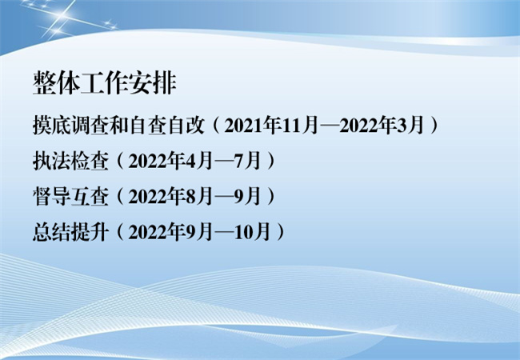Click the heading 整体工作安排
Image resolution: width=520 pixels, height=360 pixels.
105,83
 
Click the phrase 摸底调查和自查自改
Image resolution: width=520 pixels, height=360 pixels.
118,126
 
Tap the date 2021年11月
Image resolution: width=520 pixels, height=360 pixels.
271,126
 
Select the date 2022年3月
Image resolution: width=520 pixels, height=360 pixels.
382,126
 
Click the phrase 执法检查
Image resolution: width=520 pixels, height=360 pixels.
70,161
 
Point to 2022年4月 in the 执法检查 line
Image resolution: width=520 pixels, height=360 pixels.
170,161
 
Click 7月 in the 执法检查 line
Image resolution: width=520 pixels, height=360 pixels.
248,161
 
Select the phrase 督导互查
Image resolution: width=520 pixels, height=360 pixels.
70,196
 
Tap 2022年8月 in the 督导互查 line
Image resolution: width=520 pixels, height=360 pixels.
170,196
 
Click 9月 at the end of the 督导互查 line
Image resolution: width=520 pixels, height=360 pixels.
248,196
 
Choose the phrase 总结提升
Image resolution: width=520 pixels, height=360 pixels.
70,232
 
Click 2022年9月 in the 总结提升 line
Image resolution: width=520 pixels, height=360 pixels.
170,232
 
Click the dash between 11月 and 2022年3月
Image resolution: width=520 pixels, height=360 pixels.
329,126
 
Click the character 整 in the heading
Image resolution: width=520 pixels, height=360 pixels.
45,83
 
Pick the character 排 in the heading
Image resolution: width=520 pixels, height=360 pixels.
165,83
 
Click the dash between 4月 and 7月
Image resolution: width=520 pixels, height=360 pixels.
223,162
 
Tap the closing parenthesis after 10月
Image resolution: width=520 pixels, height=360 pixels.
281,232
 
